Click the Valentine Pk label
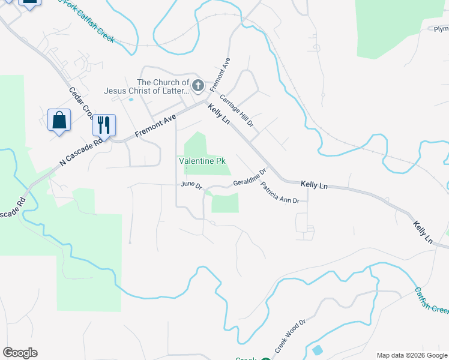(x=202, y=161)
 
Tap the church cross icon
(x=199, y=87)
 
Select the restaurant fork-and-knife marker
(x=104, y=125)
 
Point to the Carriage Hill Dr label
(x=237, y=110)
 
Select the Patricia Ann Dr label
(x=280, y=193)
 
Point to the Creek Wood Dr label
(x=291, y=337)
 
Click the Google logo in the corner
(x=20, y=353)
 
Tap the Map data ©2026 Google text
(x=412, y=355)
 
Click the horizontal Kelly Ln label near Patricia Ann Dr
(x=314, y=185)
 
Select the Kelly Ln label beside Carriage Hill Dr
(x=219, y=113)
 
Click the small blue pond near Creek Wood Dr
(x=317, y=350)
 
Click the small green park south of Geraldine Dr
(x=225, y=204)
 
